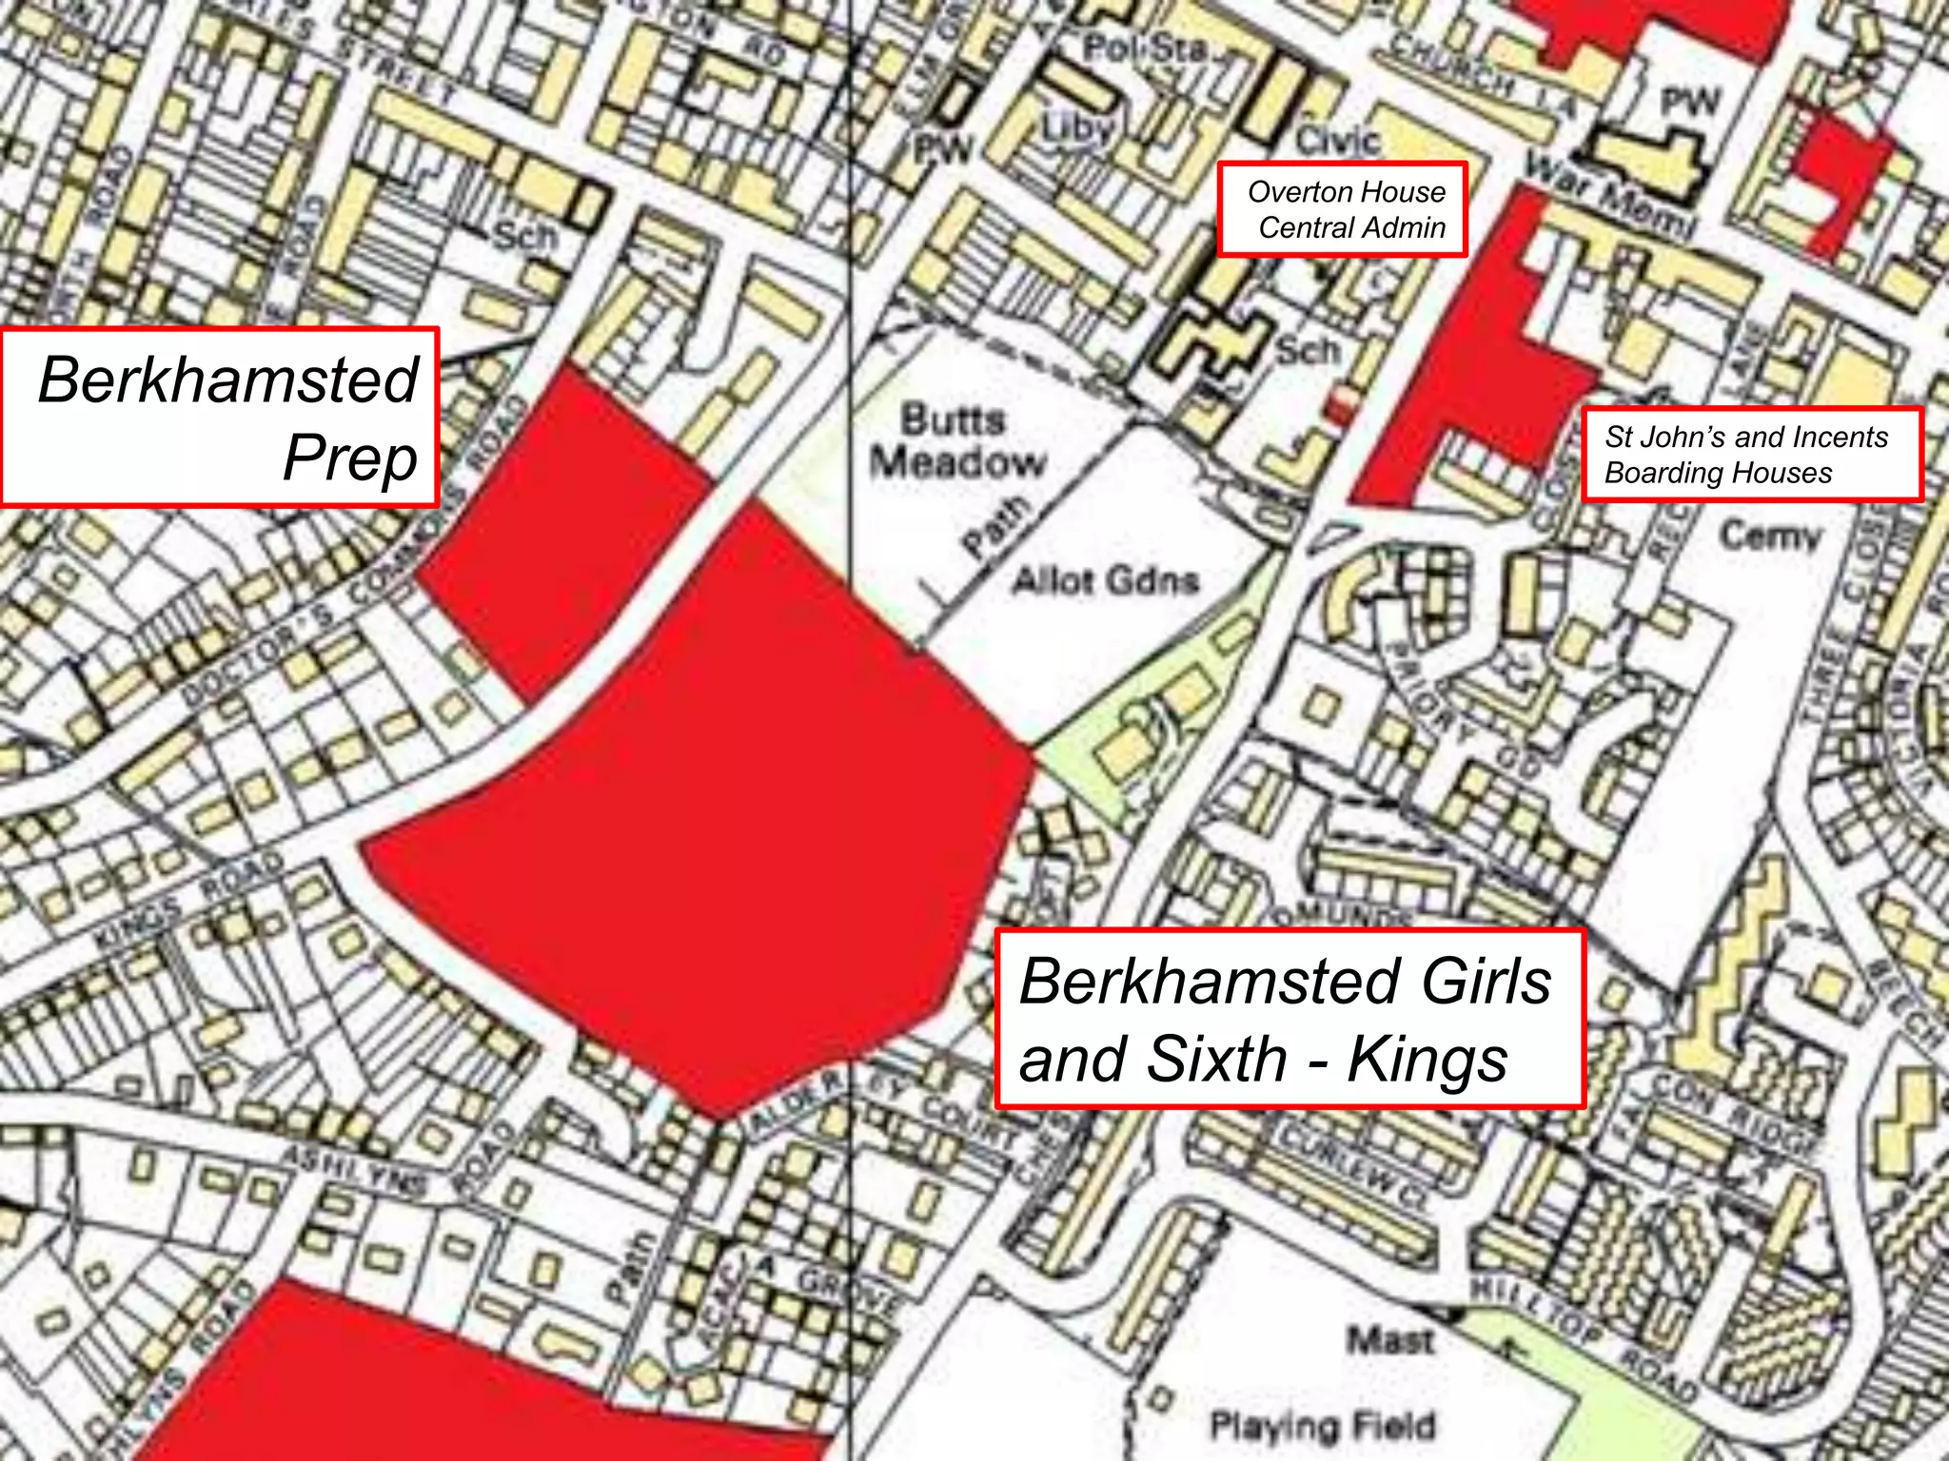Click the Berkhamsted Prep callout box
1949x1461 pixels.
[219, 417]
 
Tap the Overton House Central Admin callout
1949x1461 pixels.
[1343, 209]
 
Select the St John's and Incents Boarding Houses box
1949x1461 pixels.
[1752, 455]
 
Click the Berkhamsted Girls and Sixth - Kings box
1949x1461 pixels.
[1289, 1019]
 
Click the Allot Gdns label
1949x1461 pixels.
[1105, 579]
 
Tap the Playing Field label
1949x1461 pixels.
[1322, 1426]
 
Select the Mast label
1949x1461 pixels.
[1389, 1342]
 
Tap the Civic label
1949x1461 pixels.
[1337, 141]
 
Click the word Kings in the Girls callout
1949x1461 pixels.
[1427, 1060]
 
